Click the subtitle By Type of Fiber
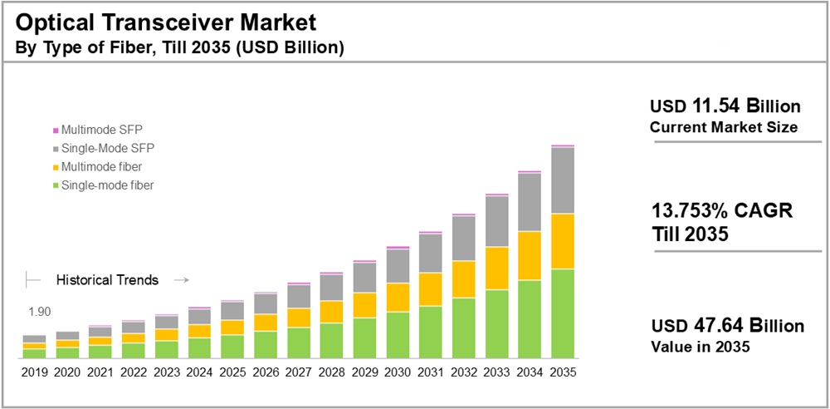[179, 47]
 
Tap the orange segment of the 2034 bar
[530, 255]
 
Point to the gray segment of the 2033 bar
[496, 221]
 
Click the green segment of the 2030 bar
[398, 335]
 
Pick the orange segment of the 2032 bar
[463, 279]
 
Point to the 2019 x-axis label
[34, 372]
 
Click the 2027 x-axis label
[299, 372]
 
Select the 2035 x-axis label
[563, 372]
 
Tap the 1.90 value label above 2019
[40, 312]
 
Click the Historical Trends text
[107, 280]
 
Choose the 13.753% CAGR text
[722, 211]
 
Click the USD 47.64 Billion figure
[727, 325]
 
